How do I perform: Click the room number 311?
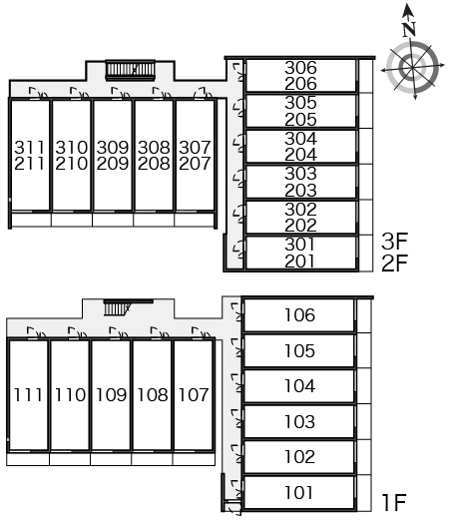pos(29,148)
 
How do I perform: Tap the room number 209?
pos(113,164)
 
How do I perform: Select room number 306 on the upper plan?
pos(300,68)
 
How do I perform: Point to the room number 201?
pos(300,262)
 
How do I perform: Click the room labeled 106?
pos(299,315)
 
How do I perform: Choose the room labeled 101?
pos(299,492)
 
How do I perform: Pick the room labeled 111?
pos(28,394)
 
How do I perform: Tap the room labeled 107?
pos(194,394)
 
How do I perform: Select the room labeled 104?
pos(299,386)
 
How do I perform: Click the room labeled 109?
pos(111,394)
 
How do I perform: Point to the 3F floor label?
pos(394,241)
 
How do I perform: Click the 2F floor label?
pos(394,264)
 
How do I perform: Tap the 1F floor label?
pos(394,502)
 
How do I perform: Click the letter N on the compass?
pos(409,30)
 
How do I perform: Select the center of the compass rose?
pos(412,68)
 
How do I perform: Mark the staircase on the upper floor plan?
pos(130,70)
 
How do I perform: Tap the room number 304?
pos(300,139)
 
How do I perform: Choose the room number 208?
pos(154,164)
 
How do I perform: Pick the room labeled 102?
pos(299,457)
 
